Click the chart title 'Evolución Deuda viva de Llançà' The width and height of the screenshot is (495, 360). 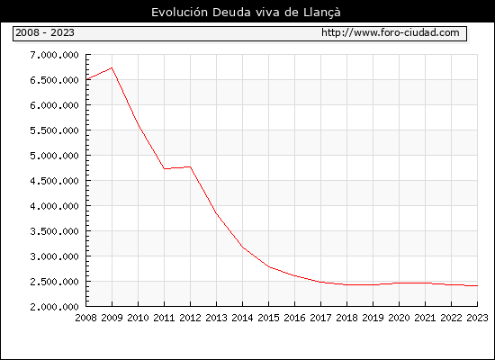click(246, 13)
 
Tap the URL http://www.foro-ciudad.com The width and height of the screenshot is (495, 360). click(391, 32)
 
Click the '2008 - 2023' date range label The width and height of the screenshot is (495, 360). click(45, 32)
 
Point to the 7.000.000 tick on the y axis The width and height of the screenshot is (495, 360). click(54, 55)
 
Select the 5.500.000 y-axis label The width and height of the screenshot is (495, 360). click(54, 130)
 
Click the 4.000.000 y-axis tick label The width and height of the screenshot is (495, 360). click(54, 206)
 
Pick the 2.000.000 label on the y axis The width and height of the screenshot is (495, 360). click(54, 307)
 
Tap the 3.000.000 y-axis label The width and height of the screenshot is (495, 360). click(54, 256)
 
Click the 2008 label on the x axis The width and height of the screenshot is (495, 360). click(85, 318)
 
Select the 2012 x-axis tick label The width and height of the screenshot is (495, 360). click(191, 318)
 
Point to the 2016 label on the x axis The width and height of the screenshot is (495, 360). click(295, 318)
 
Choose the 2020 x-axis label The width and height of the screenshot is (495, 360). click(399, 318)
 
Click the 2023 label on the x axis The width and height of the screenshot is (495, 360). click(477, 318)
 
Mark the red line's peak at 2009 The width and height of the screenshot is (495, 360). click(112, 67)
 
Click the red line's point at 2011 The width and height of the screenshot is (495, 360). click(164, 168)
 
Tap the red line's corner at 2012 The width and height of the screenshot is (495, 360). click(191, 166)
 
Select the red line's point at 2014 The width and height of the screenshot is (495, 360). click(242, 247)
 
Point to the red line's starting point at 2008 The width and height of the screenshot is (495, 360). click(86, 79)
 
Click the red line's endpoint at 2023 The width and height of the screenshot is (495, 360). click(477, 286)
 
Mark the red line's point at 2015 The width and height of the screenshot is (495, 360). click(269, 266)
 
